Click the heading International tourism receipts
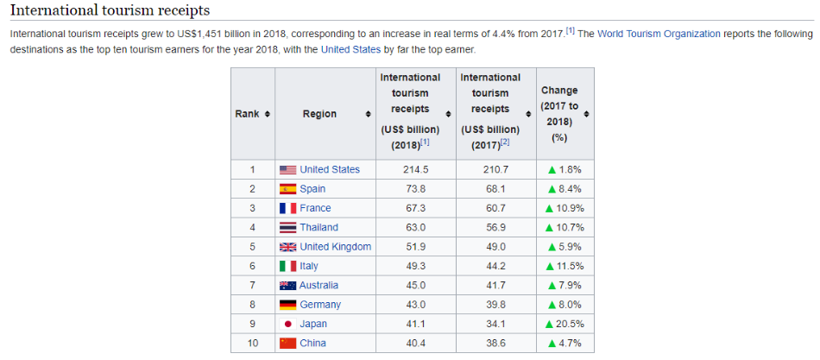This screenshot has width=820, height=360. pos(110,10)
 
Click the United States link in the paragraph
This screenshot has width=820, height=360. pos(350,49)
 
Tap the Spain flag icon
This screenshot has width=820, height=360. pos(287,189)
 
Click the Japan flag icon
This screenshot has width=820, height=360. pos(287,324)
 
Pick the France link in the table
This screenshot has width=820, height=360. pos(315,208)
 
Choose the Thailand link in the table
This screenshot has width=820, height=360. pos(319,227)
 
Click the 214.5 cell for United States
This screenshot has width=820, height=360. pos(415,169)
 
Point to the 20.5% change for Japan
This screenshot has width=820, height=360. pos(571,324)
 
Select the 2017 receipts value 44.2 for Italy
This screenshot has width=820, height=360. pos(495,266)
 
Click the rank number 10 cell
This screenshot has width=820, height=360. pos(252,343)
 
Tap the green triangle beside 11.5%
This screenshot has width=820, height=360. pos(549,266)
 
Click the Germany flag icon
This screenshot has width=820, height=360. pos(287,305)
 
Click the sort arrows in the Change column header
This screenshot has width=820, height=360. pos(587,114)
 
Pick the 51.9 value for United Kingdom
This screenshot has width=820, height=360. pos(415,246)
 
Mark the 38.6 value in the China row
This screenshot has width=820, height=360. pos(495,343)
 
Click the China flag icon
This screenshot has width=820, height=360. pos(287,343)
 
